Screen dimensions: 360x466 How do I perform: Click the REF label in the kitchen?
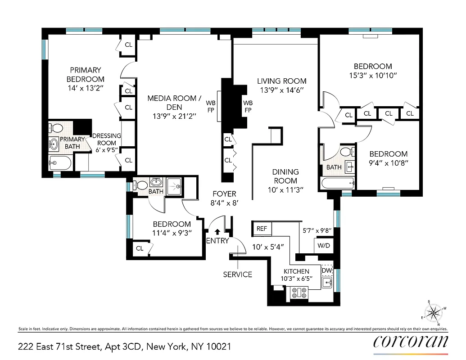262,229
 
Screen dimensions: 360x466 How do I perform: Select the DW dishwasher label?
326,271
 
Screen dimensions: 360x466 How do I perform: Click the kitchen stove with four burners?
299,293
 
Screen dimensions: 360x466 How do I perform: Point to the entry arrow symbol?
217,232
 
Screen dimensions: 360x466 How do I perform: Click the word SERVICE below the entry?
237,274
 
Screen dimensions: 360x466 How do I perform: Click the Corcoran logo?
411,342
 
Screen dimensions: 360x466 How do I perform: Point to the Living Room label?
282,81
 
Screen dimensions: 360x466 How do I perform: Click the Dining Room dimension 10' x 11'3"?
285,190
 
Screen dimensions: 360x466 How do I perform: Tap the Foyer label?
224,194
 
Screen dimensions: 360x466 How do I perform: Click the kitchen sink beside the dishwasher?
327,283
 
